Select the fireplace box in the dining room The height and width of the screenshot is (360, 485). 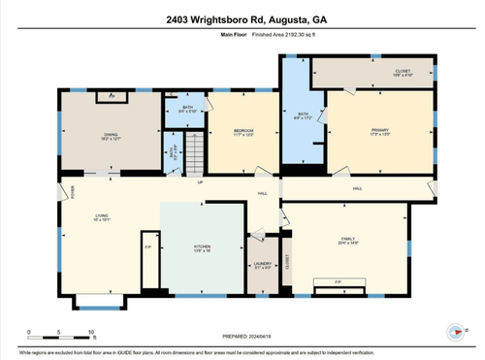click(112, 96)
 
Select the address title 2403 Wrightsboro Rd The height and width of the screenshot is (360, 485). click(242, 19)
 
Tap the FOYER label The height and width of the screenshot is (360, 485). click(75, 191)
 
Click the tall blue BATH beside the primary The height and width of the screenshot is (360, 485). click(302, 121)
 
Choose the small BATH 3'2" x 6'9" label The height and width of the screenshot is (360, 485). click(174, 152)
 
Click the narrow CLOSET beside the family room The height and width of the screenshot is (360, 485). click(286, 260)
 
